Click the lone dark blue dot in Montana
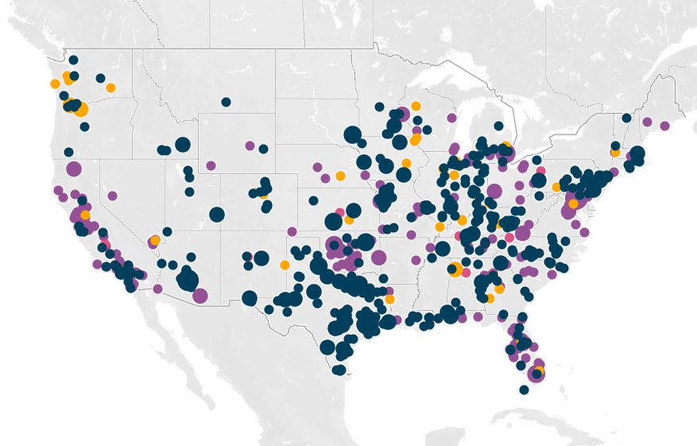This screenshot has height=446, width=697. click(x=226, y=102)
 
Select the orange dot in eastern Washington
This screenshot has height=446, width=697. click(x=110, y=87)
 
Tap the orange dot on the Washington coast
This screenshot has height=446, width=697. click(x=55, y=83)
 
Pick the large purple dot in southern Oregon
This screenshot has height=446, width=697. click(x=74, y=169)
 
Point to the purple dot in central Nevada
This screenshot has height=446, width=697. click(x=112, y=196)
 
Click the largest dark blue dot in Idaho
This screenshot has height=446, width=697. click(x=182, y=145)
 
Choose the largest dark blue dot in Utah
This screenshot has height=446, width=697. click(x=217, y=215)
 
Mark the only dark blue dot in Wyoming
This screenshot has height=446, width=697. click(x=263, y=149)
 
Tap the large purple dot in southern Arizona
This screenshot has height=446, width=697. click(x=199, y=296)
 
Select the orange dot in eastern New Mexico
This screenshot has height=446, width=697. click(x=285, y=265)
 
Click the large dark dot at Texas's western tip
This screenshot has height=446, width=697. click(x=249, y=298)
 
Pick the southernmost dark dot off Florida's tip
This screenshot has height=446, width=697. click(x=524, y=390)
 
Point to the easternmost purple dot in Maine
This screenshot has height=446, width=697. click(x=664, y=126)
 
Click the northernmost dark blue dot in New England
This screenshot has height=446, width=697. click(x=626, y=118)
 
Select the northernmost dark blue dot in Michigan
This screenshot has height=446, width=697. click(x=498, y=126)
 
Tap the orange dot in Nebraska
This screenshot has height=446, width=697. click(x=340, y=176)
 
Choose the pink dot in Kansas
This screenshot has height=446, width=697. click(x=339, y=211)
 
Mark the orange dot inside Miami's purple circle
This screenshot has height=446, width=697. click(x=537, y=371)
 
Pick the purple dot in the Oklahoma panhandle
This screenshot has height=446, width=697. click(x=292, y=231)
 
